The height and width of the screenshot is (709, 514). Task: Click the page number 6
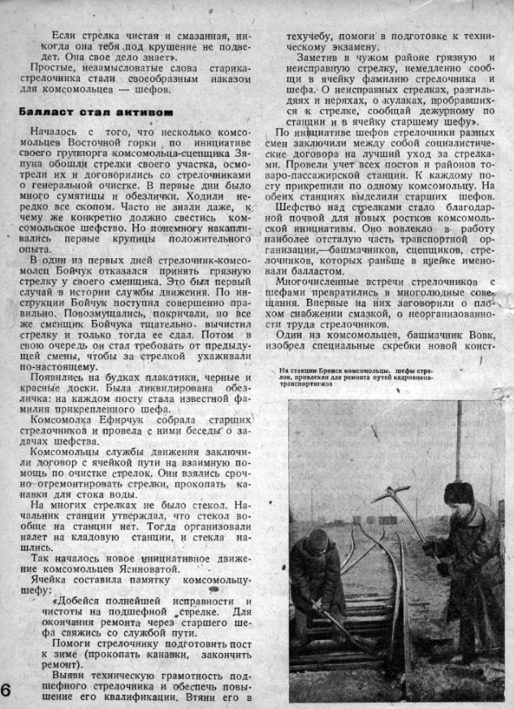[x=6, y=690]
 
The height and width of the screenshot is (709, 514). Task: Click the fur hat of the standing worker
[x=459, y=492]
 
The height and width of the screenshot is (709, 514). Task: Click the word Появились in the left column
[x=57, y=378]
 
